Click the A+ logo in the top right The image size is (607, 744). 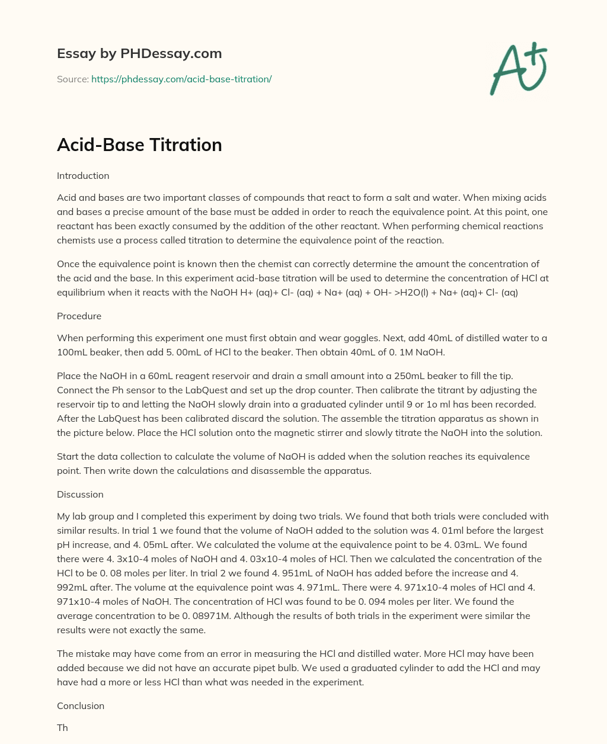tap(518, 68)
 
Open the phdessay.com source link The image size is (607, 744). tap(181, 79)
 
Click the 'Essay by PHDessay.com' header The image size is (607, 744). tap(139, 53)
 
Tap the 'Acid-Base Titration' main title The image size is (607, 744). tap(139, 145)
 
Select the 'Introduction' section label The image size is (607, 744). tap(83, 176)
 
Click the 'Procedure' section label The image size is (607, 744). tap(79, 316)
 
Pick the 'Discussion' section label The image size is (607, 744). tap(80, 495)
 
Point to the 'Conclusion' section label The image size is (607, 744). tap(81, 706)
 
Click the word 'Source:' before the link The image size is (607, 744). tap(72, 79)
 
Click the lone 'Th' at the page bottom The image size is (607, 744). tap(62, 728)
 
